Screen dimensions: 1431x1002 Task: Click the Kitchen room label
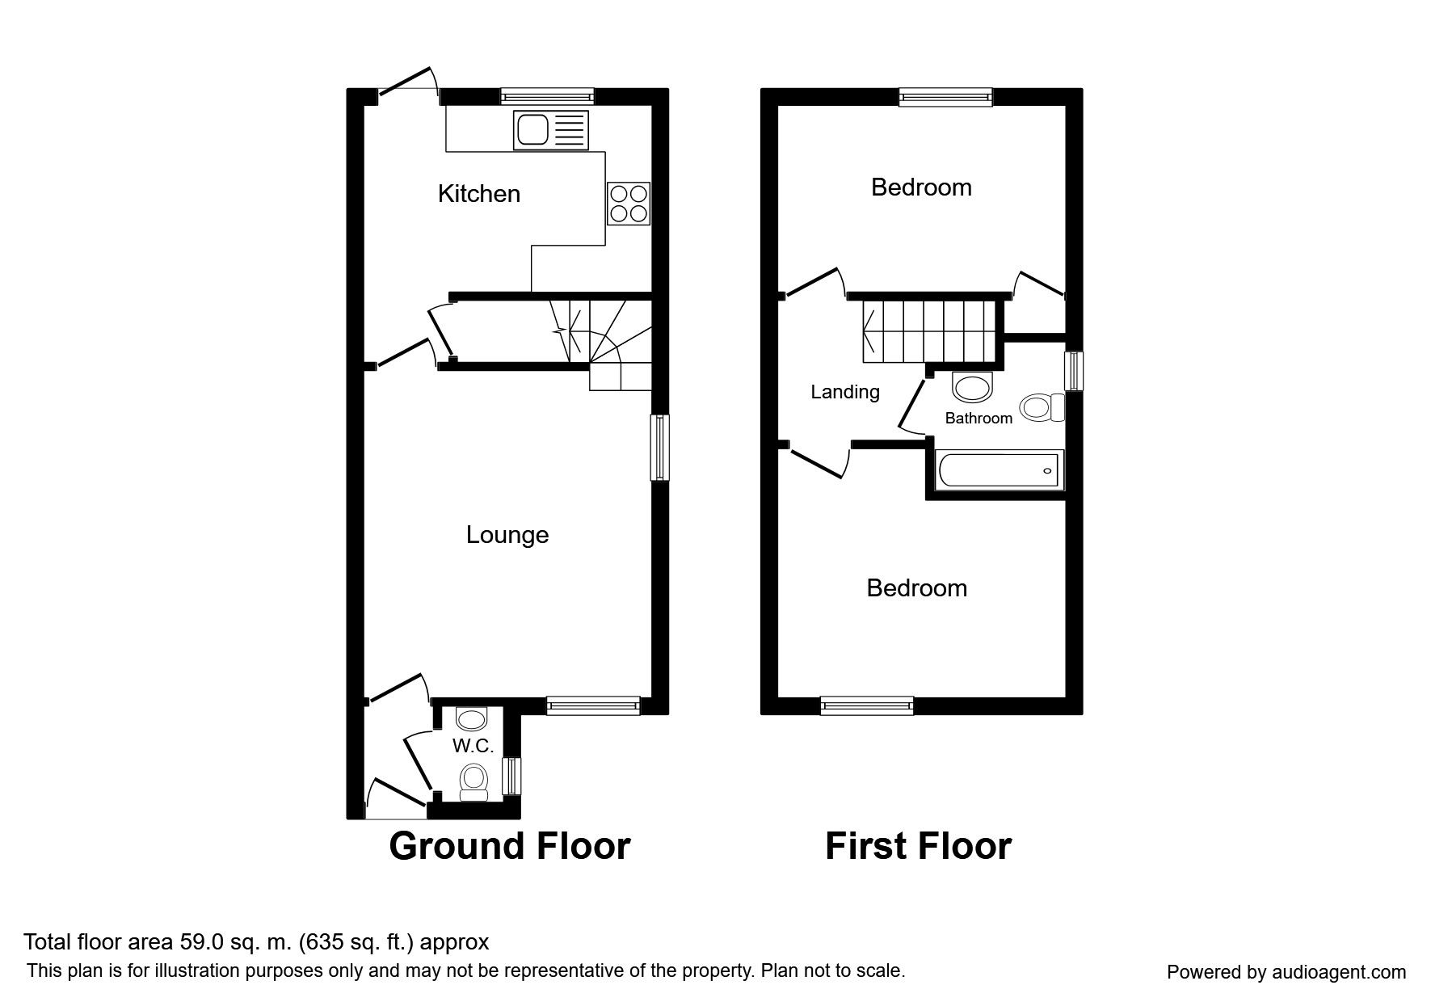click(x=478, y=194)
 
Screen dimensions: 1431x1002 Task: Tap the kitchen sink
click(x=550, y=130)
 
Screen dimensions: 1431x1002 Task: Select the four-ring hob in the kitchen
click(x=629, y=203)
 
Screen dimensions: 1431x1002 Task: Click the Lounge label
click(x=507, y=535)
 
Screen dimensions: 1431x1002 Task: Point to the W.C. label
click(x=473, y=746)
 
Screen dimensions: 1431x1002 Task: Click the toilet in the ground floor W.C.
click(x=473, y=782)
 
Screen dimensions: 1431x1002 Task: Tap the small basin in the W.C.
click(x=470, y=718)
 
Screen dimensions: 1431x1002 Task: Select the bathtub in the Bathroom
click(x=999, y=470)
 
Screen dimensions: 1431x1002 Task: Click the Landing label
click(x=845, y=392)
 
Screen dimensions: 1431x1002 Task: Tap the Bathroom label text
click(x=979, y=418)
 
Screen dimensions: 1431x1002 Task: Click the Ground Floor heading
click(x=510, y=846)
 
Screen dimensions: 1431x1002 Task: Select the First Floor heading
click(x=918, y=846)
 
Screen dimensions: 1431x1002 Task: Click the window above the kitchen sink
click(x=547, y=97)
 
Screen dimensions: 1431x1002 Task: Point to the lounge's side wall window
click(x=660, y=447)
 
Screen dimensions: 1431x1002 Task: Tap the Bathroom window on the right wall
click(x=1074, y=371)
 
